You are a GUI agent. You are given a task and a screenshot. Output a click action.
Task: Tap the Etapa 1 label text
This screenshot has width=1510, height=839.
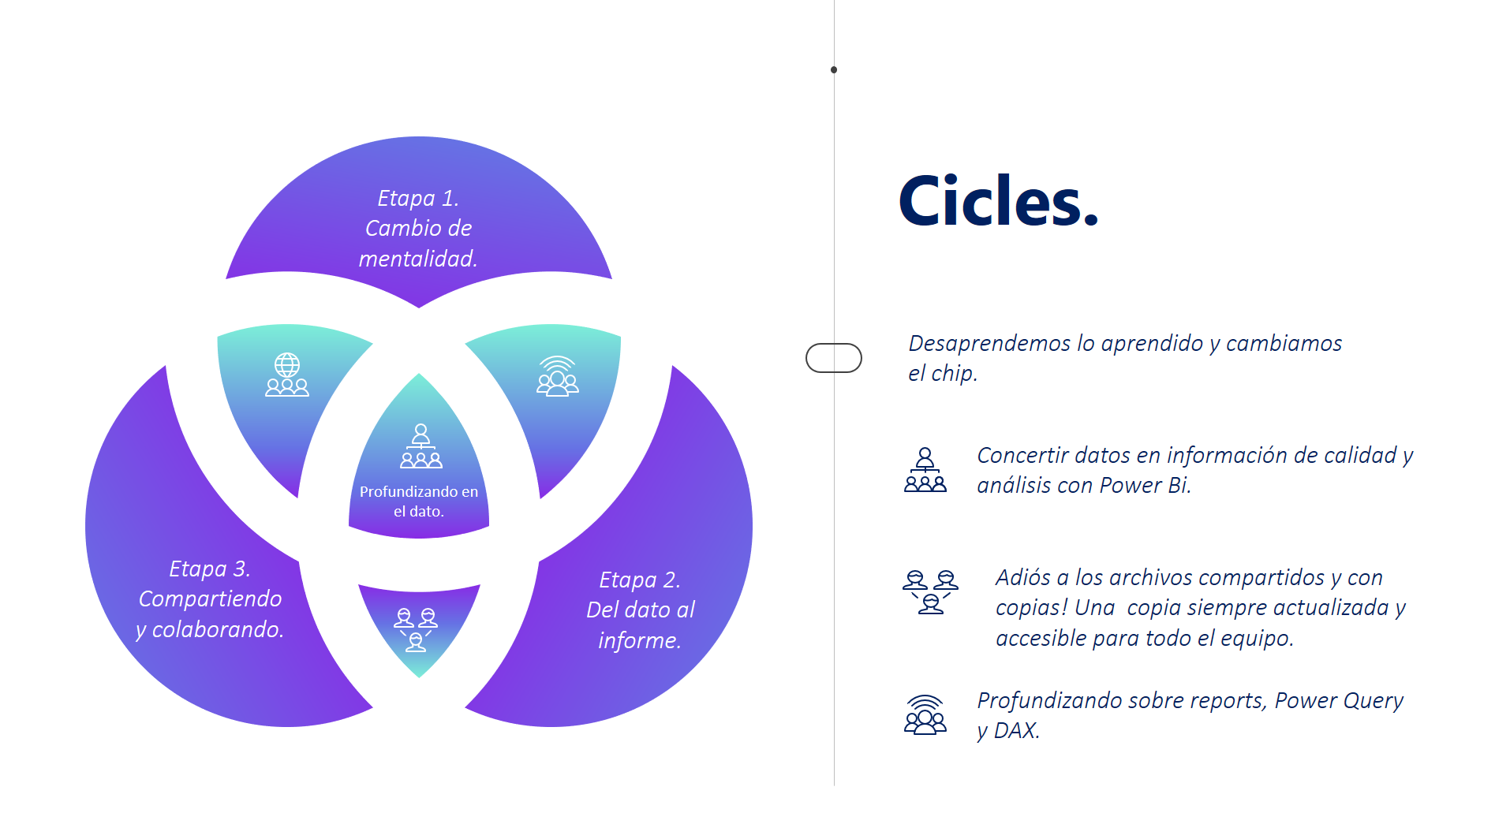(x=418, y=228)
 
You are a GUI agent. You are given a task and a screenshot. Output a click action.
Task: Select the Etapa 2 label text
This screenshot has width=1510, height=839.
(x=640, y=610)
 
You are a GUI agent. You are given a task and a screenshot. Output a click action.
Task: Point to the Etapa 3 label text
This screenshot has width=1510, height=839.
(x=210, y=598)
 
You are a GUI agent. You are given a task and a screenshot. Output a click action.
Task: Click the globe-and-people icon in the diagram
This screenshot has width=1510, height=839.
(x=287, y=375)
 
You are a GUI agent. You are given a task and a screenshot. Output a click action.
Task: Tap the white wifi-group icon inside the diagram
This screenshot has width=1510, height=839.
(x=558, y=375)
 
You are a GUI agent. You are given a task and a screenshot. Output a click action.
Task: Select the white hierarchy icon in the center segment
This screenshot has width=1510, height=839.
(x=421, y=446)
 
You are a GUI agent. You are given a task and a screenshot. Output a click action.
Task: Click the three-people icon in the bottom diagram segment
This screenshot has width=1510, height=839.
(x=416, y=629)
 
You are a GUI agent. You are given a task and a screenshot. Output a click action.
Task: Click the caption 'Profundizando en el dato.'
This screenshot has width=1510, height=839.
(x=419, y=501)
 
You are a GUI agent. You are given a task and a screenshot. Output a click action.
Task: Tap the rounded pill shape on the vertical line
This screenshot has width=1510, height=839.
(x=833, y=358)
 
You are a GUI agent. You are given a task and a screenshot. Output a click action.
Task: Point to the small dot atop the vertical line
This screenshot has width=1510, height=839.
(x=834, y=70)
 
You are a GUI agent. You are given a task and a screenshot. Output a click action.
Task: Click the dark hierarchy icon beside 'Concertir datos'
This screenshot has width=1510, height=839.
(x=925, y=470)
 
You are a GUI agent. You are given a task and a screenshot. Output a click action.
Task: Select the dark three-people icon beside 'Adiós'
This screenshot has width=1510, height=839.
(x=930, y=591)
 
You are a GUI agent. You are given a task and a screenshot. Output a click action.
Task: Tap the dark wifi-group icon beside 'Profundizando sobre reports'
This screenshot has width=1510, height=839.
(x=925, y=714)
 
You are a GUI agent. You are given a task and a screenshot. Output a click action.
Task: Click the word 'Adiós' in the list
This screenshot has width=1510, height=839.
(x=1022, y=577)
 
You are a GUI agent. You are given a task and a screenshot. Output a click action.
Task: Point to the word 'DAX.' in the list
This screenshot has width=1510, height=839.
(x=1016, y=730)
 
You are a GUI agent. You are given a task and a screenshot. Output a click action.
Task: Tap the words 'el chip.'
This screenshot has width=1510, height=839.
(x=943, y=373)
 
